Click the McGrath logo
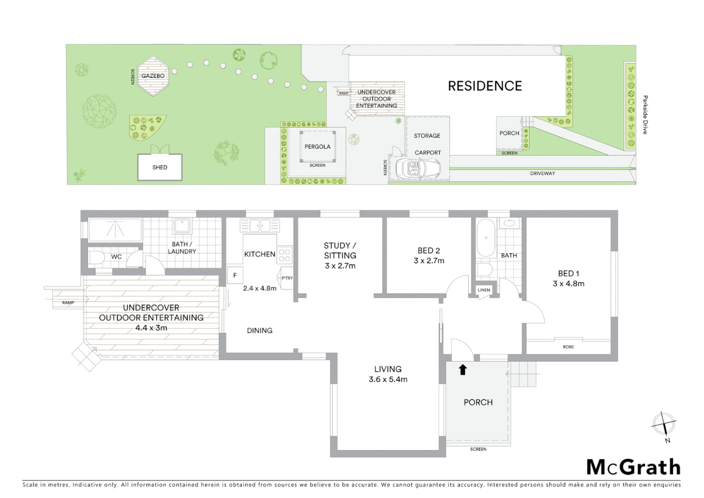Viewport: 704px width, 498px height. tap(634, 467)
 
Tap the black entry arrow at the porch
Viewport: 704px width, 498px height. tap(463, 369)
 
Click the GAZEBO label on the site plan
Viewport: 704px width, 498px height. tap(153, 76)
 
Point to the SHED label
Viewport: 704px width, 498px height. tap(160, 167)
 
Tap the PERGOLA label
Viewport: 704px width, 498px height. tap(317, 147)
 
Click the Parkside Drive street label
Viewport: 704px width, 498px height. tap(645, 115)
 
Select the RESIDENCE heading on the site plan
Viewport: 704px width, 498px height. tap(485, 86)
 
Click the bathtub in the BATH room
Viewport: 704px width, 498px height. tap(486, 238)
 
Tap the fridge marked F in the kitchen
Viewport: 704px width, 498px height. tap(235, 275)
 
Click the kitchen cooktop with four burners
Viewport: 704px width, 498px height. tap(284, 255)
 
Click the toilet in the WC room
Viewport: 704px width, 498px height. tap(96, 257)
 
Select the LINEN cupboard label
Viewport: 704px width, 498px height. tap(484, 290)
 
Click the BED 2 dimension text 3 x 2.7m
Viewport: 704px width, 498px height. tap(429, 261)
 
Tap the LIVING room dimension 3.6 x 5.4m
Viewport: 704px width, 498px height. tap(388, 379)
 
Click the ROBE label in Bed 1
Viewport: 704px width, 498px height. tap(568, 347)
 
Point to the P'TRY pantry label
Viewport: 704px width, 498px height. tap(287, 278)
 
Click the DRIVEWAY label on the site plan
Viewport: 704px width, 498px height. tap(542, 173)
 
